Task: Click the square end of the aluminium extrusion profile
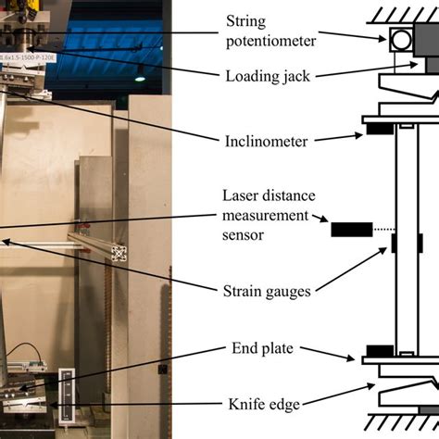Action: pyautogui.click(x=119, y=253)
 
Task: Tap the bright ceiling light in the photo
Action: pyautogui.click(x=139, y=69)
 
